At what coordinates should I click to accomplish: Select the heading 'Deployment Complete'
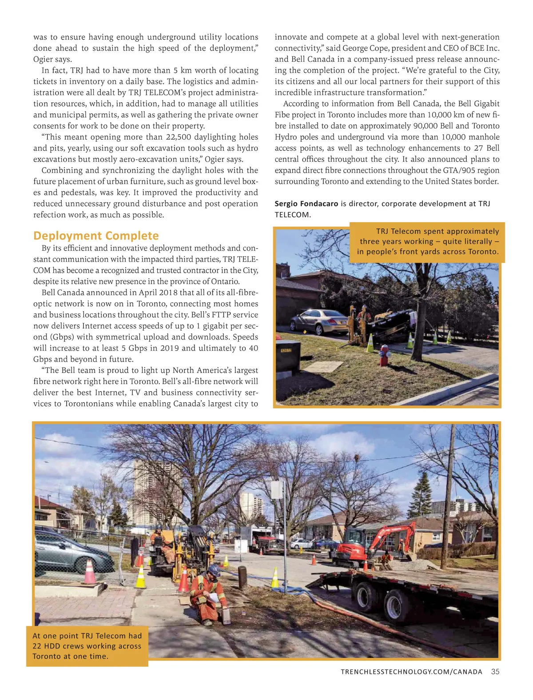pos(96,236)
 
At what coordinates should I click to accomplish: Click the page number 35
pos(495,672)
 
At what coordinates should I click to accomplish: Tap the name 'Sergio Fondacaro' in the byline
pos(306,204)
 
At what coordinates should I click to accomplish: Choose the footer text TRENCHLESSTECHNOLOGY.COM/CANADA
pos(411,672)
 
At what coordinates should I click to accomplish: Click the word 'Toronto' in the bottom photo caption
pos(48,656)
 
